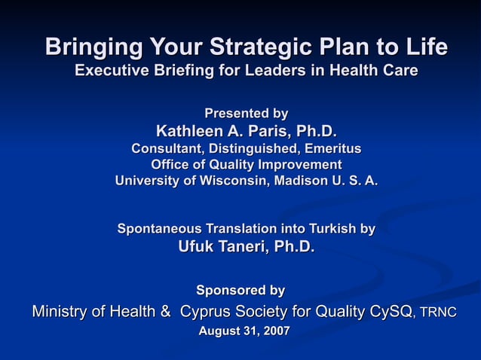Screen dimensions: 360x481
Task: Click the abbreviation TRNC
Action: coord(438,313)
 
